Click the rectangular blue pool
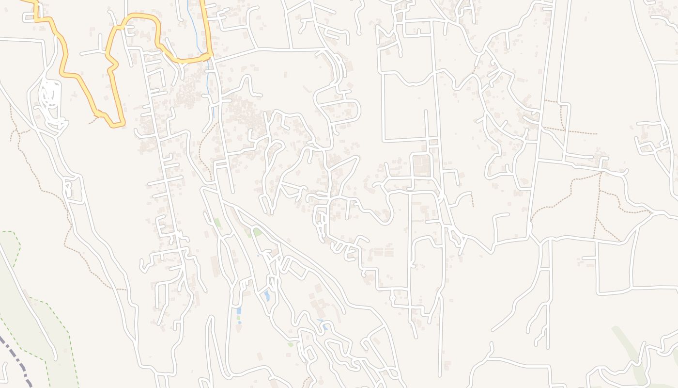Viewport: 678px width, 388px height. point(238,311)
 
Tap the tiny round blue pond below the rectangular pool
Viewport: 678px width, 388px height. point(240,323)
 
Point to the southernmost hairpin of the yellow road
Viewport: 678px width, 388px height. point(116,125)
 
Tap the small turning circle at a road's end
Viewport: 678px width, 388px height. point(392,297)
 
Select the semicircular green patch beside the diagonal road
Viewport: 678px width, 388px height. point(257,232)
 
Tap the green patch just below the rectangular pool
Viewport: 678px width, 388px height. point(238,318)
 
